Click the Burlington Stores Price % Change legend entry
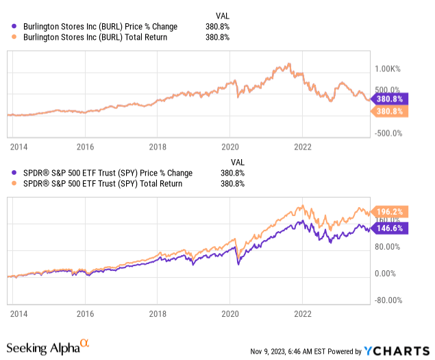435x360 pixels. tap(97, 27)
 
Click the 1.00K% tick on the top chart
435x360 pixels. tap(388, 69)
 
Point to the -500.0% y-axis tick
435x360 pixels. tap(388, 133)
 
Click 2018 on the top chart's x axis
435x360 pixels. tap(158, 146)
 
